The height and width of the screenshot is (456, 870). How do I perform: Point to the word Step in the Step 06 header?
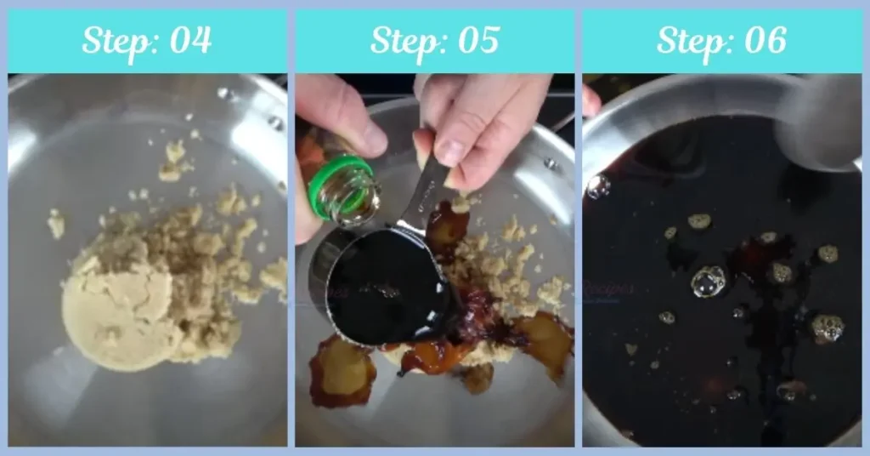[689, 41]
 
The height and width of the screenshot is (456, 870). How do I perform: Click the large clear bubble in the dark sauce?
[708, 282]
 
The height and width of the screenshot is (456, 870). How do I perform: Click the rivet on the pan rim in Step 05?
[550, 162]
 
